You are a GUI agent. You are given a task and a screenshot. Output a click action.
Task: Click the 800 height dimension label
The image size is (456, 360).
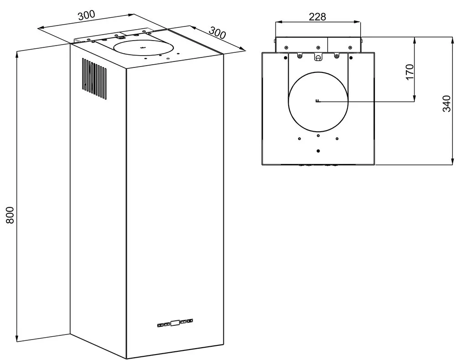click(x=10, y=215)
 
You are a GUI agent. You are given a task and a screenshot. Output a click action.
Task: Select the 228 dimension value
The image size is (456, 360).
click(x=317, y=16)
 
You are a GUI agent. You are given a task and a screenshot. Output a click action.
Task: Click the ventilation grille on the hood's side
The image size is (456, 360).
click(x=95, y=78)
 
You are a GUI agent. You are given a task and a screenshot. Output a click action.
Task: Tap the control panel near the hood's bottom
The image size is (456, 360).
click(x=175, y=323)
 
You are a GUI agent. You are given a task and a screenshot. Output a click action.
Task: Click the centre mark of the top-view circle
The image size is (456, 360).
click(x=318, y=101)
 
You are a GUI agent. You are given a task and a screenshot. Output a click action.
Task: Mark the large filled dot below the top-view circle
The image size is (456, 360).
click(x=318, y=151)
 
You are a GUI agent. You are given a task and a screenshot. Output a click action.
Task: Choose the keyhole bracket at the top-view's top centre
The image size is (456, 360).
click(x=318, y=57)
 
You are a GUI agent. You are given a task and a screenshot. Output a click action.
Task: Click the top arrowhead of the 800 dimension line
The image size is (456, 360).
click(x=17, y=54)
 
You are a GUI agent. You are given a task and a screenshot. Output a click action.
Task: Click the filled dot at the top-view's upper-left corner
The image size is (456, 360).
click(x=285, y=58)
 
